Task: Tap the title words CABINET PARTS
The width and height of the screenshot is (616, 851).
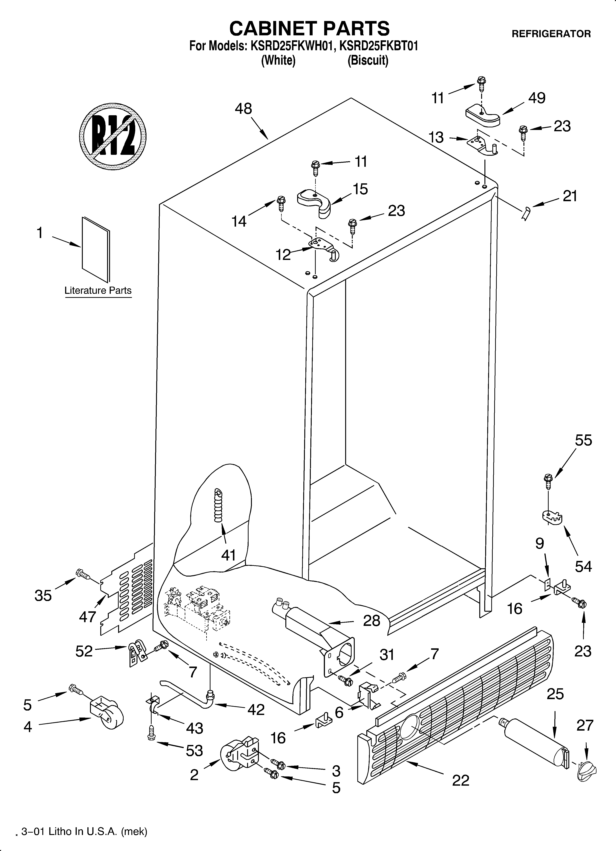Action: pyautogui.click(x=309, y=28)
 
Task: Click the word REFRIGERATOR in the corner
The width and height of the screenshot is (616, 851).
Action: pyautogui.click(x=551, y=34)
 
